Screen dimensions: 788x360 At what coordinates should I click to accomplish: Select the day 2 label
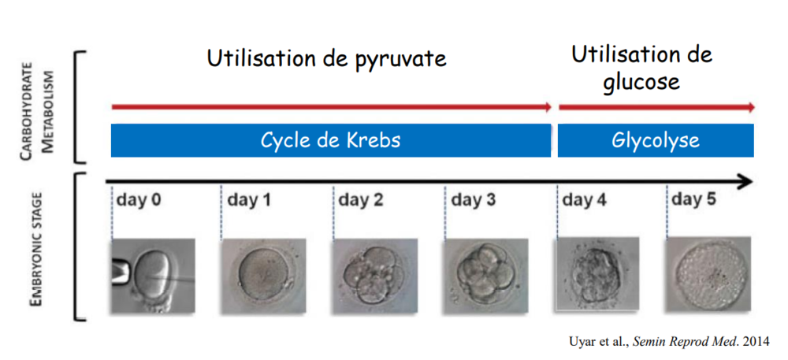pos(361,200)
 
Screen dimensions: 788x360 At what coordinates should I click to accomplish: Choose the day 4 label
pos(585,200)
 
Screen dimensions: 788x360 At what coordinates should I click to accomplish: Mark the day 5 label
pos(694,200)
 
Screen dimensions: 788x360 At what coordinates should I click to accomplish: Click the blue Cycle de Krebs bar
pos(331,140)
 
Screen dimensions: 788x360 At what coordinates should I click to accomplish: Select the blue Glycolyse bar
pos(656,140)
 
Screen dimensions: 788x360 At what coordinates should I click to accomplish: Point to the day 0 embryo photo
pos(153,276)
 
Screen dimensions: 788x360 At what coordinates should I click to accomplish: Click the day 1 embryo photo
pos(264,276)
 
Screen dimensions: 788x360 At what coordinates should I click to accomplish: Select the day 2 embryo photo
pos(375,276)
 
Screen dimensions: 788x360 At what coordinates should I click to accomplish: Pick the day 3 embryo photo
pos(486,276)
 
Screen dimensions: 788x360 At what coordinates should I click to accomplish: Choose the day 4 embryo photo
pos(597,274)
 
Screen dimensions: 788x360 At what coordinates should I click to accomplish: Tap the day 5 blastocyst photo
pos(708,274)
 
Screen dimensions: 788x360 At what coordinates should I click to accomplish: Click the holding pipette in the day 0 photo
pos(121,271)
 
